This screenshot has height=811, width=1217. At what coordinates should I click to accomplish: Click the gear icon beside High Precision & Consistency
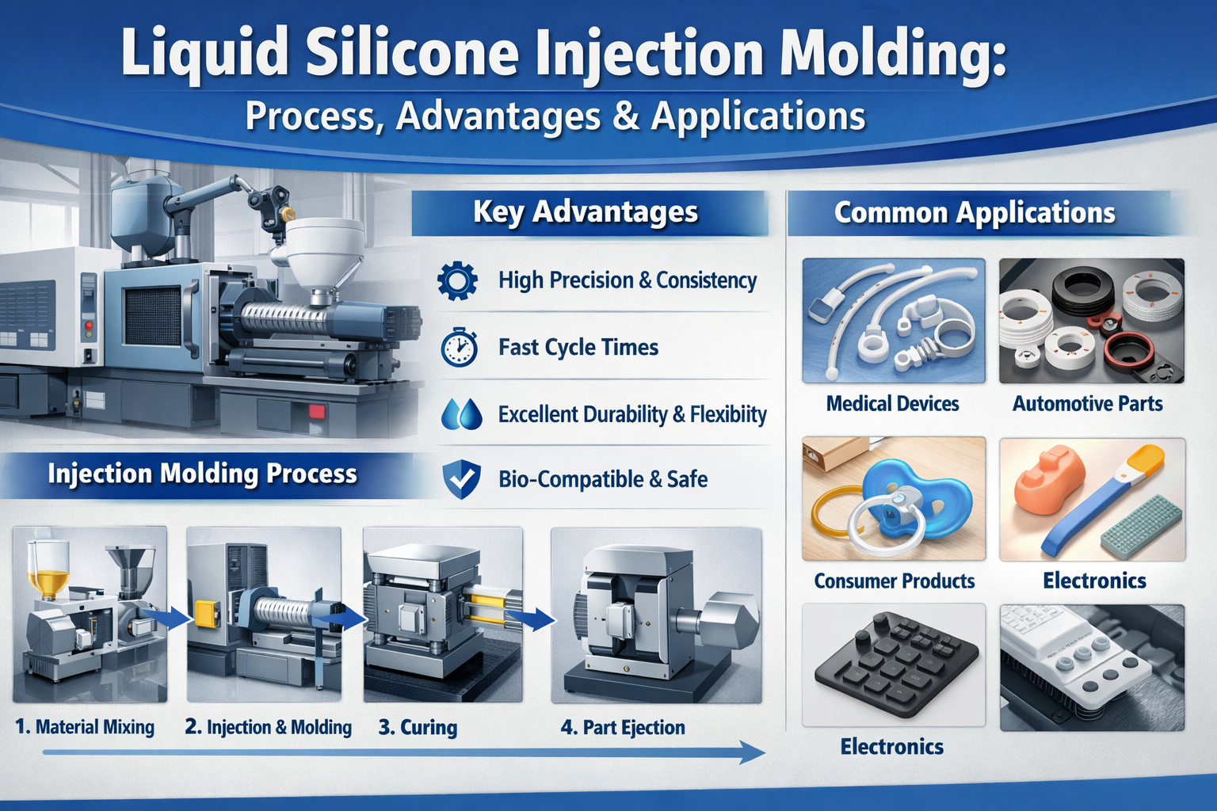coord(457,280)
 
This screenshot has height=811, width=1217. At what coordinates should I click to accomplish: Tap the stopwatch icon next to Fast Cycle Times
coord(460,348)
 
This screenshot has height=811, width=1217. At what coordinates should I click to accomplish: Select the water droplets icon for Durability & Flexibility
coord(461,414)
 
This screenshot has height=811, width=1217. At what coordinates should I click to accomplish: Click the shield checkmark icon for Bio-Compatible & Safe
coord(460,479)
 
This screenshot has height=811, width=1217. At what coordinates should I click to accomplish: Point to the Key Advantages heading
coord(586,212)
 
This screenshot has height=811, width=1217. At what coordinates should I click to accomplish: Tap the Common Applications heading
coord(975,213)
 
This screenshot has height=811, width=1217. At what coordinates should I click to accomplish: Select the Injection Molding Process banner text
coord(202,474)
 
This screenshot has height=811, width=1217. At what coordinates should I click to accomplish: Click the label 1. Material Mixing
coord(85,727)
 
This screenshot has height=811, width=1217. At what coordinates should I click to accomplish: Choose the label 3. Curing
coord(418,727)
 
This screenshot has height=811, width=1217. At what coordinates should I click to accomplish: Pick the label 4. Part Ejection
coord(623,727)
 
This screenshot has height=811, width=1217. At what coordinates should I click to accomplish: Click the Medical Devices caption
coord(892,404)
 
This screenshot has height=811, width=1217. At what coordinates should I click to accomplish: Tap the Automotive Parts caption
coord(1087,404)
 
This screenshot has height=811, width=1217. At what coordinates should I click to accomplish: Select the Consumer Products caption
coord(894,581)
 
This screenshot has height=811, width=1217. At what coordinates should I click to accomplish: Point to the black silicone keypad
coord(895,657)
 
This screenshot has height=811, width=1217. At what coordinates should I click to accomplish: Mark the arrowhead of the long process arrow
coord(753,752)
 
